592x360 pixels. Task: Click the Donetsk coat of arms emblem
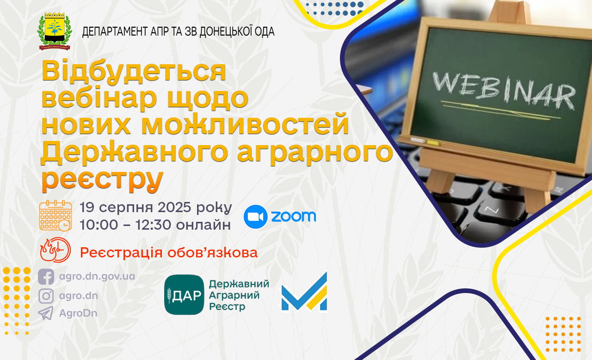point(55,31)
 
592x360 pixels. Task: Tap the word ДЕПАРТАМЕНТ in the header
point(115,32)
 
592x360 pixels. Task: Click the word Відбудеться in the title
point(134,71)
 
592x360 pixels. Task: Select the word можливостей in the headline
point(245,123)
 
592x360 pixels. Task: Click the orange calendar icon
point(55,216)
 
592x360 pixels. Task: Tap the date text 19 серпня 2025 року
point(156,207)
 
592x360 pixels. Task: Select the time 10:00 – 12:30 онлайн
point(155,225)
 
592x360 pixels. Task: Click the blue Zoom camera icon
point(255,217)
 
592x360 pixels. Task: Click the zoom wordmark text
point(294,216)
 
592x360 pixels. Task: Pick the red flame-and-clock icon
point(55,250)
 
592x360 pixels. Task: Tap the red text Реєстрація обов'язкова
point(169,252)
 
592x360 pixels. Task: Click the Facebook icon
point(46,276)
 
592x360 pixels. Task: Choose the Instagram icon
point(46,296)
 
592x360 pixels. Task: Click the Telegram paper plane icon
point(46,313)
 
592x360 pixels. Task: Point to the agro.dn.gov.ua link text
point(97,276)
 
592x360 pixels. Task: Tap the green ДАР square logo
point(184,295)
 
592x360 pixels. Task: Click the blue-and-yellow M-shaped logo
point(304,292)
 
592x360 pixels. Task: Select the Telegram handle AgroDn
point(78,313)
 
